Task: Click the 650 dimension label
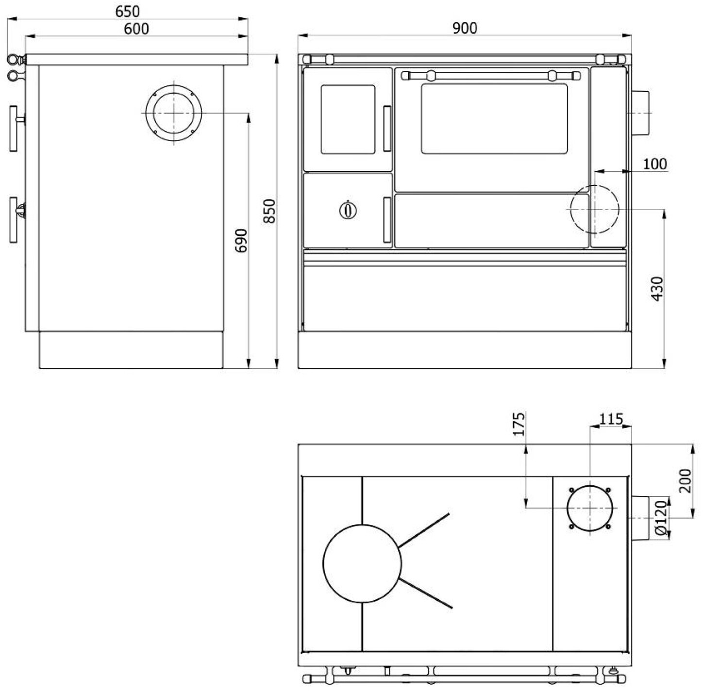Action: pyautogui.click(x=127, y=12)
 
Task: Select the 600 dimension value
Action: pyautogui.click(x=136, y=29)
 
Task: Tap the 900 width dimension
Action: pyautogui.click(x=465, y=28)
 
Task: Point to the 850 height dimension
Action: pyautogui.click(x=269, y=211)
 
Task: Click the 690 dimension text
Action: pyautogui.click(x=241, y=241)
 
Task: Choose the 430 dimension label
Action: pyautogui.click(x=657, y=289)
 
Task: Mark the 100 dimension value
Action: pyautogui.click(x=655, y=164)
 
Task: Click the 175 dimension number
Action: pyautogui.click(x=519, y=424)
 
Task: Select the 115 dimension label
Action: pyautogui.click(x=611, y=419)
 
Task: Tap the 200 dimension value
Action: pyautogui.click(x=685, y=481)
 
